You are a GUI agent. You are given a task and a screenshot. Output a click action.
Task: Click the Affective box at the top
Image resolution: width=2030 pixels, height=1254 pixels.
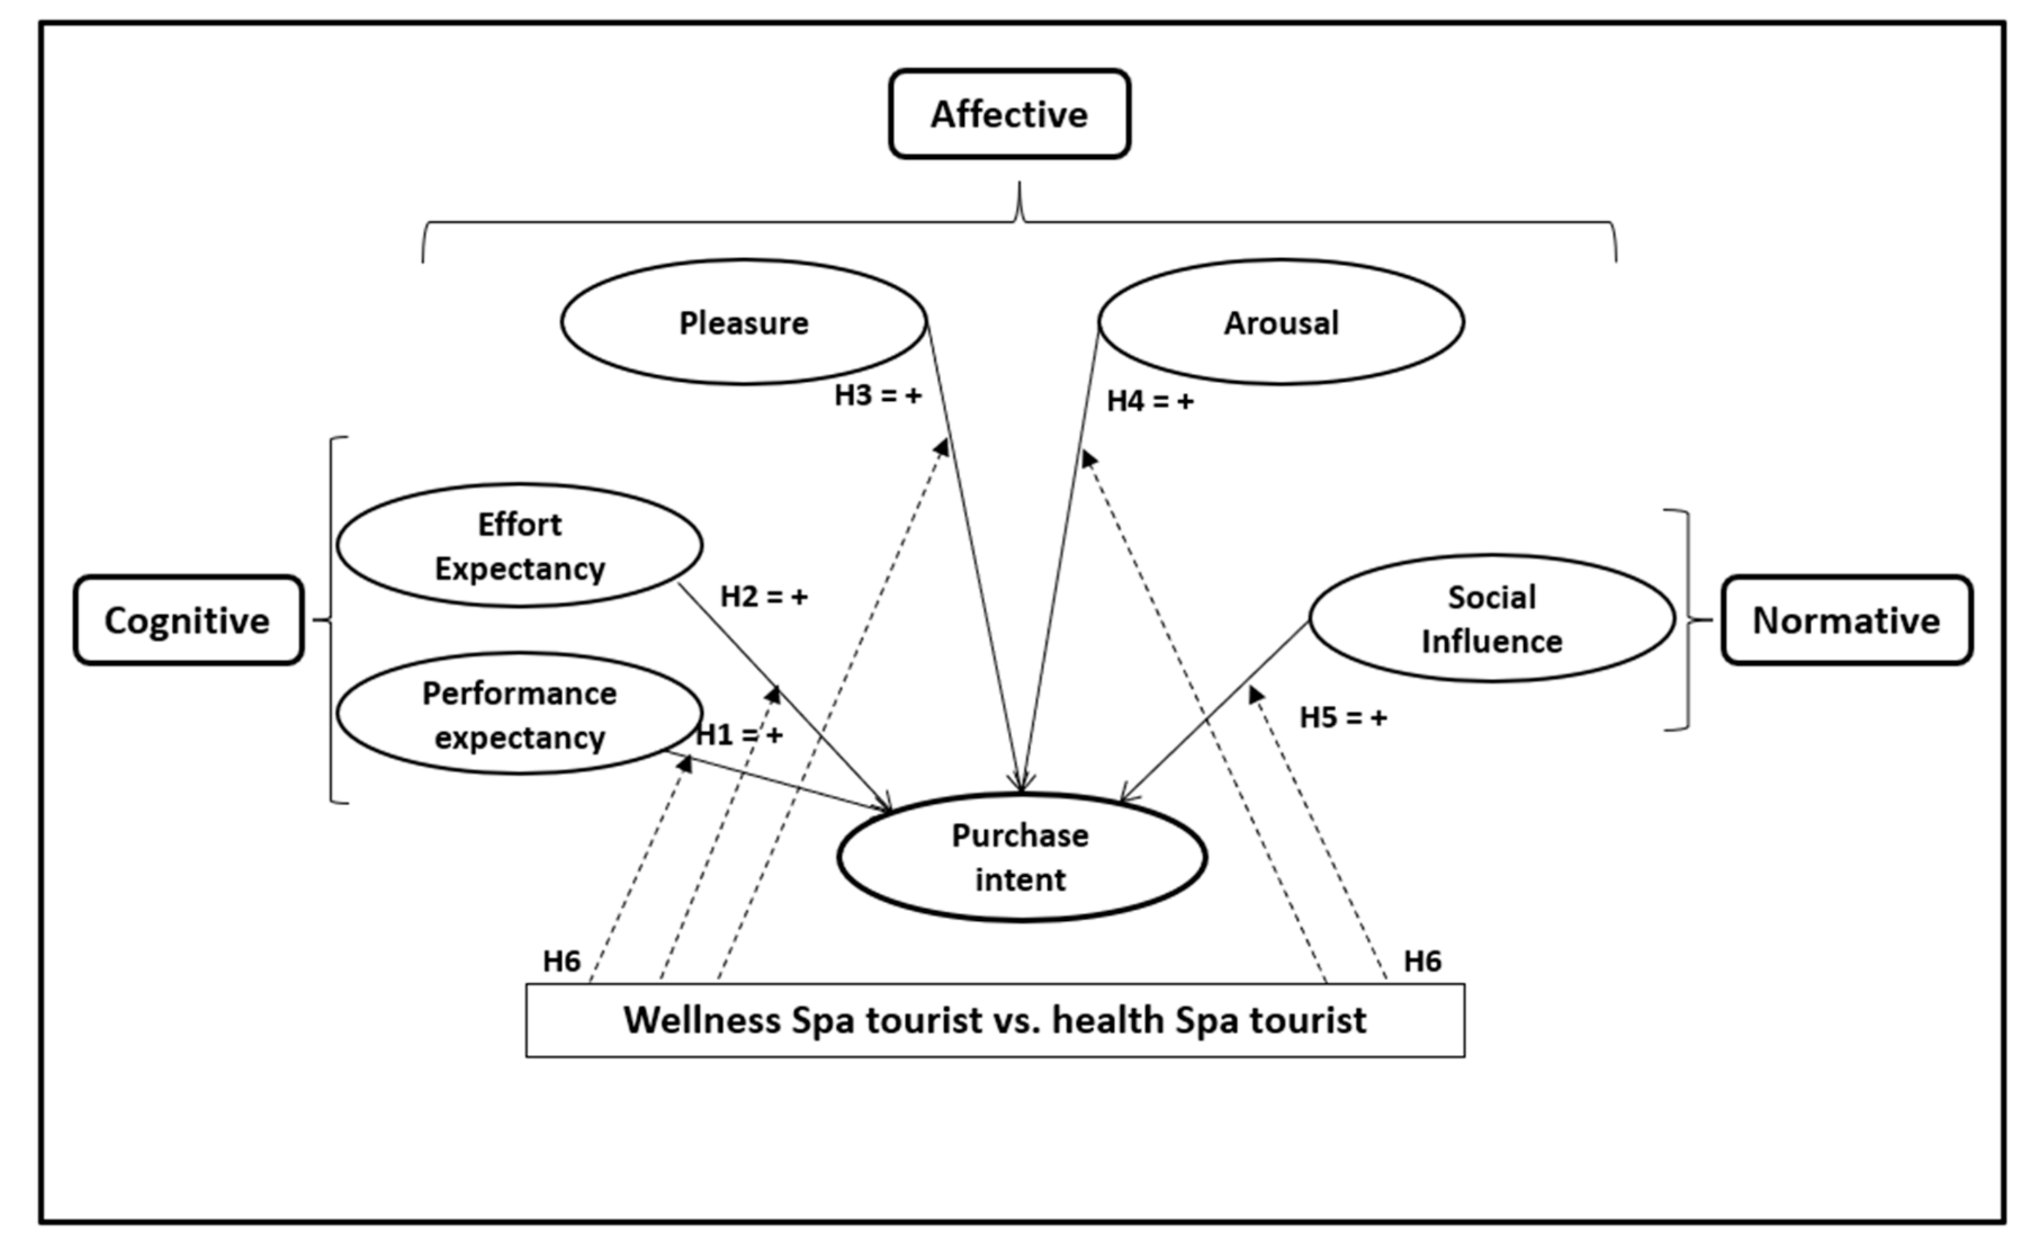point(1009,114)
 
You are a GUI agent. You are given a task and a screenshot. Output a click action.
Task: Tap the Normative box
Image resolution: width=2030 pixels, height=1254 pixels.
point(1846,620)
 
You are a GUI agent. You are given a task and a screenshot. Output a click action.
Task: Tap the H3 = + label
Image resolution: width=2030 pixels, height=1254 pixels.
point(878,396)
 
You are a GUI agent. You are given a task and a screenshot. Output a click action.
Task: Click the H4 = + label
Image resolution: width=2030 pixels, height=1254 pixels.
point(1151,401)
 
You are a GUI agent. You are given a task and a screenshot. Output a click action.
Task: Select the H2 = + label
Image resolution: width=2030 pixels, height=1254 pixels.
point(764,596)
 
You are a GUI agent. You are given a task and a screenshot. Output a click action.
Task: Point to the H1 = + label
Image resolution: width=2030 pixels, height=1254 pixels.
point(739,735)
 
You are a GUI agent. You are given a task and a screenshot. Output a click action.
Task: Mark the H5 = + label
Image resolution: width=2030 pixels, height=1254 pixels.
point(1343,718)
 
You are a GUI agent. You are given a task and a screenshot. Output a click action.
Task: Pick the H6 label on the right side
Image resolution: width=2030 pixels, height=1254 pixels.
point(1422,961)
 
